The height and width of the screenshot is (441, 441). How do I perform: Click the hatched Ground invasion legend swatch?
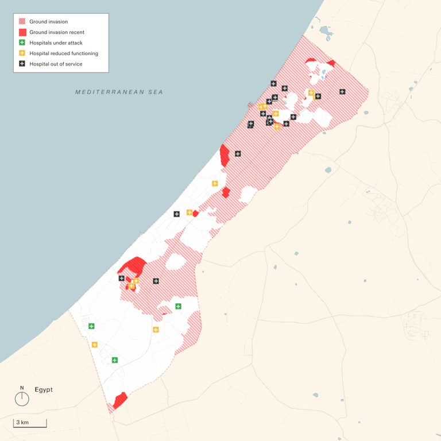(22, 22)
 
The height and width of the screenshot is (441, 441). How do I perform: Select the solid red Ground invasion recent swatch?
(22, 32)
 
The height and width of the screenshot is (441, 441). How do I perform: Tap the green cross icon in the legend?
(22, 43)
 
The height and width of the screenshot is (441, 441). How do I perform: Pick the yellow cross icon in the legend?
(22, 53)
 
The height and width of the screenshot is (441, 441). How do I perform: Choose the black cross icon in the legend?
(22, 64)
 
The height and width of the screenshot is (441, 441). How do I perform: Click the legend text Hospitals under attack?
(56, 43)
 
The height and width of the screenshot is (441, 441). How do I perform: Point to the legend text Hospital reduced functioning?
(64, 53)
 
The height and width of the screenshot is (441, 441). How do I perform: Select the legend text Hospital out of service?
(56, 64)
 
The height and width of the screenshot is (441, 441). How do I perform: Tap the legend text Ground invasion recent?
(57, 32)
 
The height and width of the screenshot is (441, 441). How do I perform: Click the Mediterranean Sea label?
(119, 92)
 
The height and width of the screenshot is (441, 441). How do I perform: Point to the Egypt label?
(44, 389)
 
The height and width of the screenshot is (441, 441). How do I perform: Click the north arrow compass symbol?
(22, 397)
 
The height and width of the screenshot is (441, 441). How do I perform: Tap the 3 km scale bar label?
(22, 423)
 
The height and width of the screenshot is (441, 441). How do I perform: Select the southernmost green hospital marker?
(115, 360)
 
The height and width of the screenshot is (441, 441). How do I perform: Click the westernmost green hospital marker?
(91, 326)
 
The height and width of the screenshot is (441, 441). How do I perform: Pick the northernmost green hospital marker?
(178, 306)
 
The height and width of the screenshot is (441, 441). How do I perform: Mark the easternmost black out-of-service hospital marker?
(342, 91)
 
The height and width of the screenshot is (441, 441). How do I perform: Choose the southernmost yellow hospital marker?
(95, 345)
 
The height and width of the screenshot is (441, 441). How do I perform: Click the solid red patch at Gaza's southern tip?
(120, 400)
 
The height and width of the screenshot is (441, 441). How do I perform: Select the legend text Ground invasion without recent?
(49, 22)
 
